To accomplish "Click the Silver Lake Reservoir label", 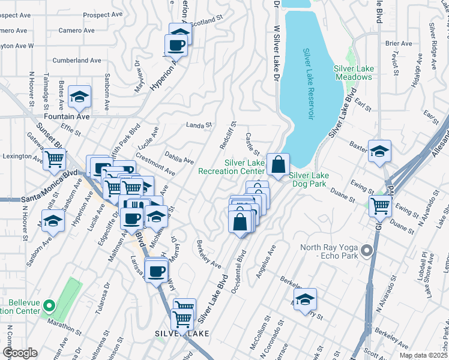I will coord(308,84).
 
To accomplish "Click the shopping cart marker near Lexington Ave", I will coord(54,160).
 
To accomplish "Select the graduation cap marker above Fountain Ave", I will coord(79,96).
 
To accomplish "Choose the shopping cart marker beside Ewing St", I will coord(381,206).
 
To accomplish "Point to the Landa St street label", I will coord(199,125).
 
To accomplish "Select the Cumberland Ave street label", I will coord(77,61).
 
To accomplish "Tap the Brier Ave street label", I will coord(399,43).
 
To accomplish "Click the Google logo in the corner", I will coord(19,353).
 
